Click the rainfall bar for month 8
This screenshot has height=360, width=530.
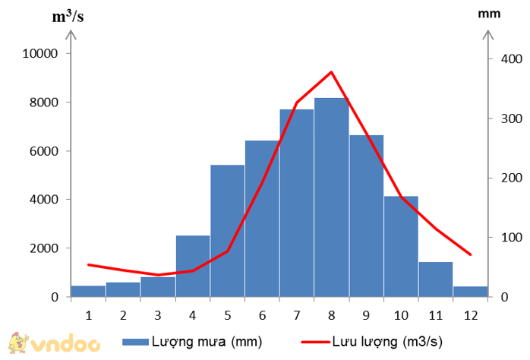331,197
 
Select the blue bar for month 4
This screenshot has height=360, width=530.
193,266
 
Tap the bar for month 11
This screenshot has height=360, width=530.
435,279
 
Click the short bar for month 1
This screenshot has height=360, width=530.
88,291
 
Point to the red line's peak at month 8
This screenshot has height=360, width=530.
332,72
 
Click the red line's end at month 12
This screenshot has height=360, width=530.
471,254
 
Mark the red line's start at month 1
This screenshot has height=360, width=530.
89,264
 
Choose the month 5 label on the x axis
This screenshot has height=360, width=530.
227,314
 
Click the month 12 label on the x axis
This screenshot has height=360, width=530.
470,314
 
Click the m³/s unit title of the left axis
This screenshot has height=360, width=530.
68,16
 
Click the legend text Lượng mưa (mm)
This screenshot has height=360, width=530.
207,342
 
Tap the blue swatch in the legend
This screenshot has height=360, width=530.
136,342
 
